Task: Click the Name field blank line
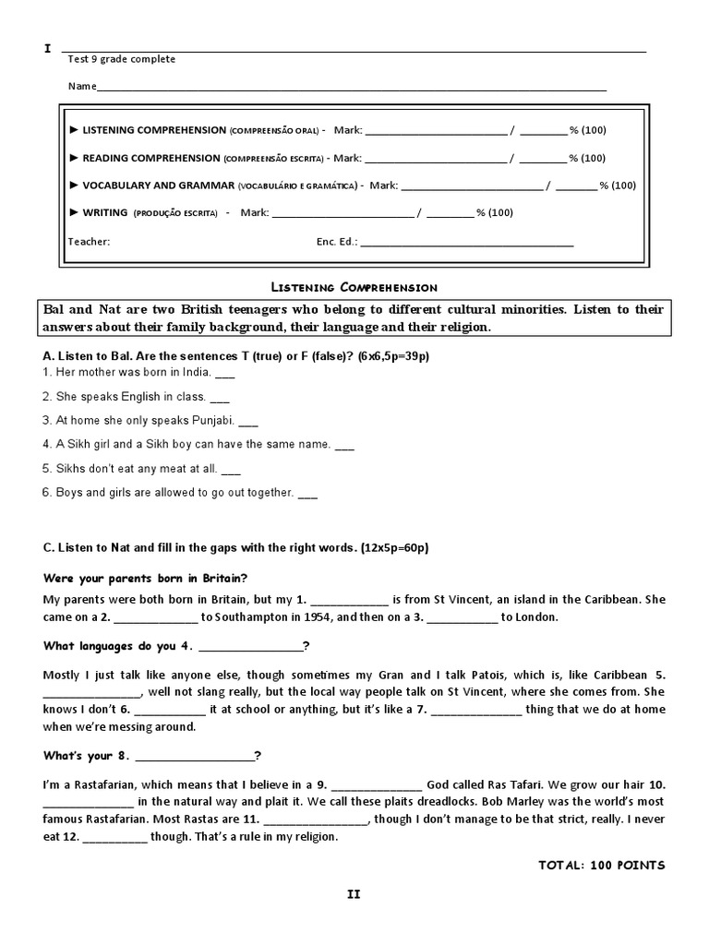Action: (x=351, y=89)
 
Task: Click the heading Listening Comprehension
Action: (x=353, y=288)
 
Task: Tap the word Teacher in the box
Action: (x=89, y=242)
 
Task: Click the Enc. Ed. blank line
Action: (x=467, y=244)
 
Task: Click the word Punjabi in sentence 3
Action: (x=210, y=421)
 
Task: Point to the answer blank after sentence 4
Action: (x=343, y=445)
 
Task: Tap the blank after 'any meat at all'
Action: (x=231, y=469)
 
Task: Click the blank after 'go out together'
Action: (x=307, y=494)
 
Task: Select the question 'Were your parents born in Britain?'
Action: (x=146, y=578)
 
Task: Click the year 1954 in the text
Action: (x=349, y=617)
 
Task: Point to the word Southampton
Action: (x=247, y=617)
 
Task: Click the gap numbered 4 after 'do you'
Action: (x=250, y=646)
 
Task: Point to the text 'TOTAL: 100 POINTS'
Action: (x=601, y=865)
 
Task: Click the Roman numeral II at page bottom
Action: (x=353, y=894)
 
